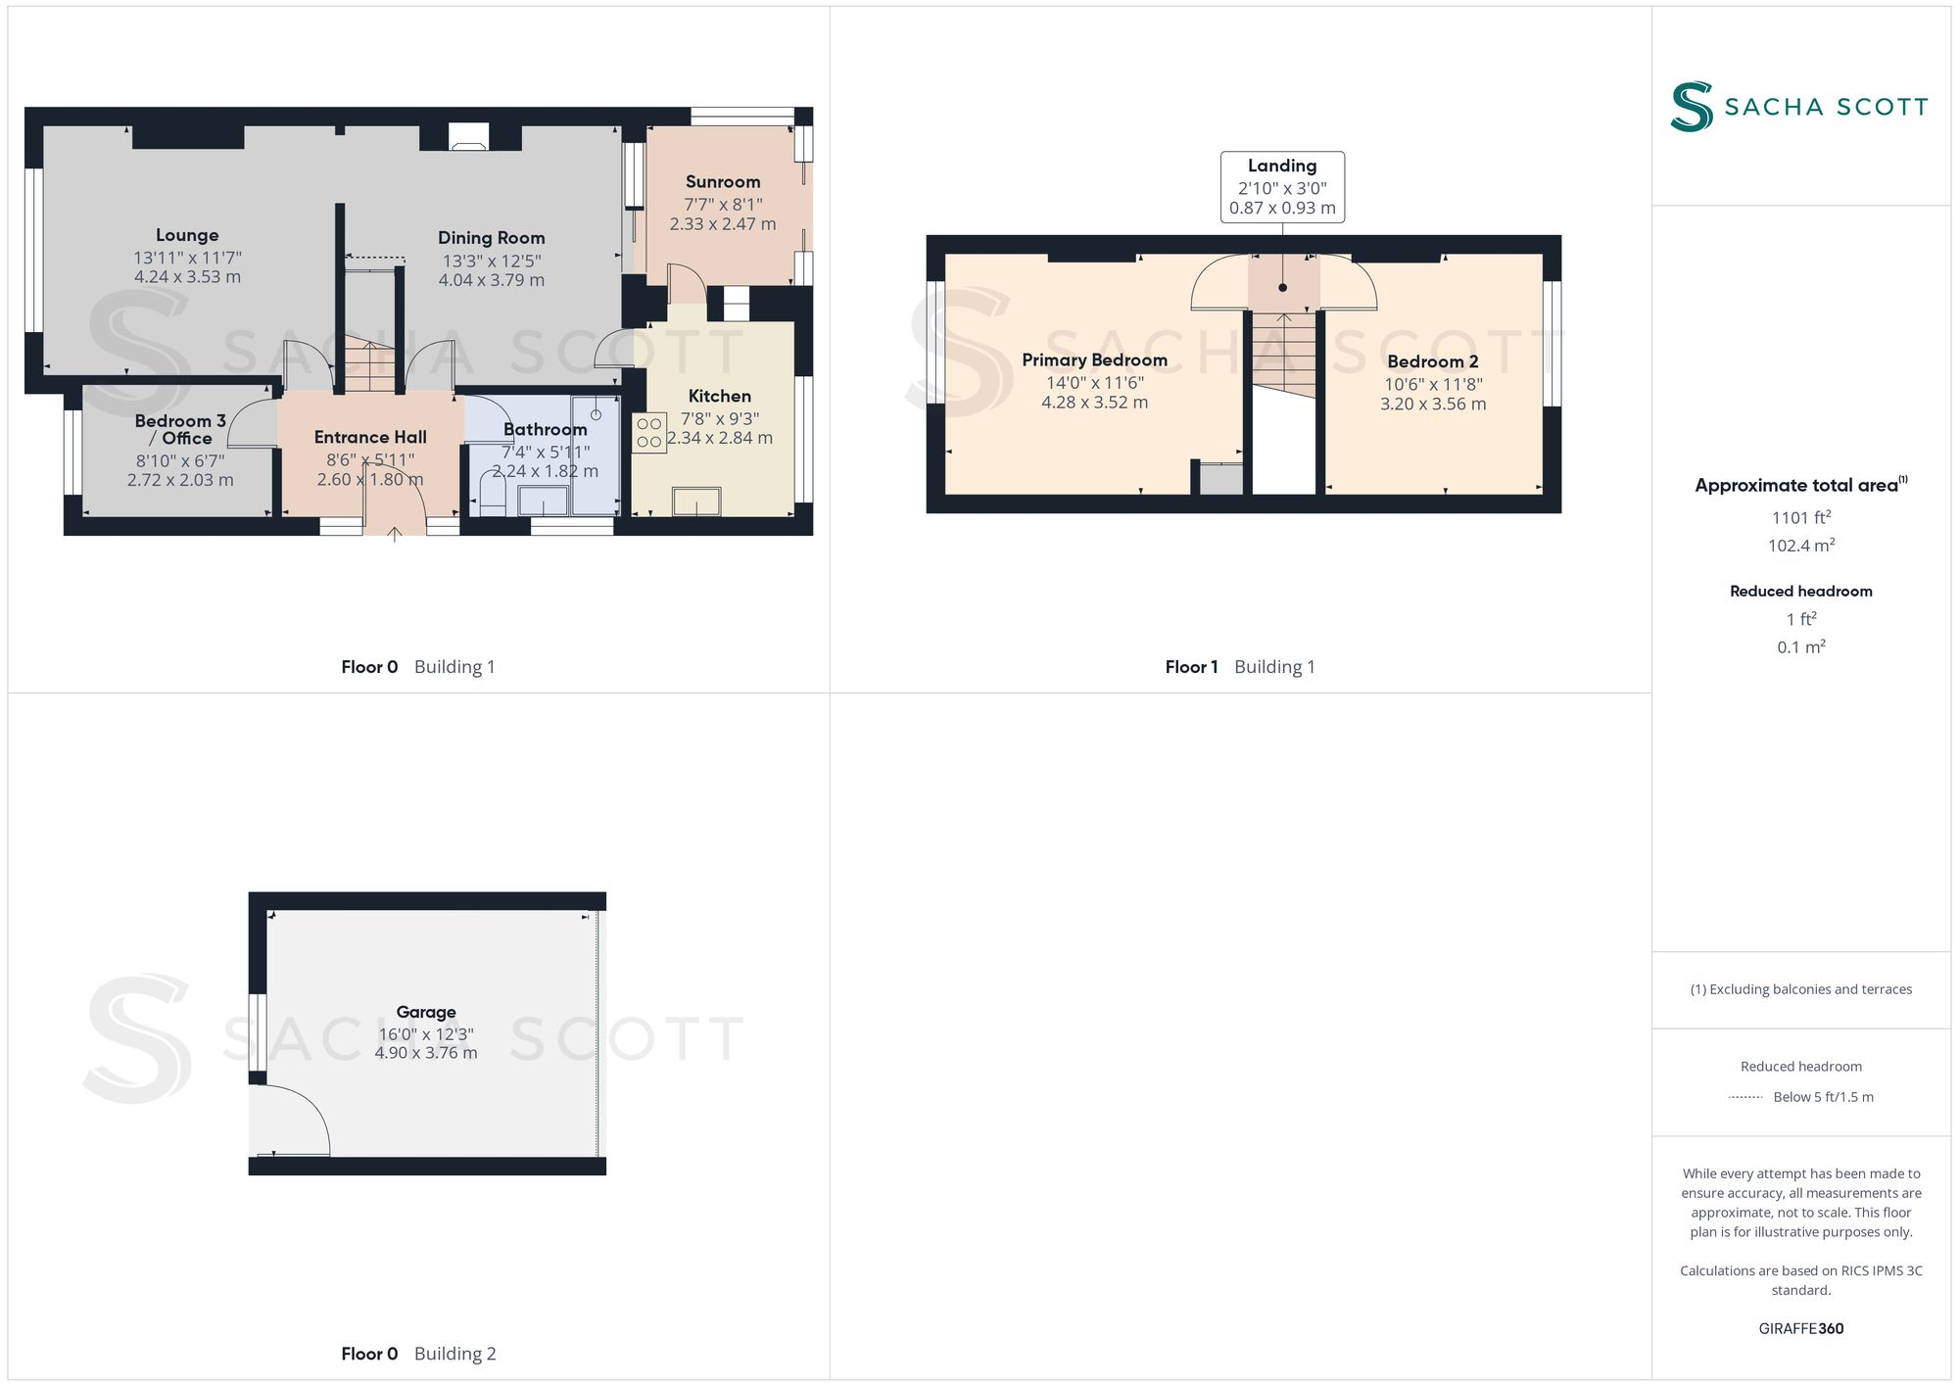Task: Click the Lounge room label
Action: coord(187,235)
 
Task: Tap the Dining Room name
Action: coord(491,238)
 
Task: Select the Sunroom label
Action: coord(723,182)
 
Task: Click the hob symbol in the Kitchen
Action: coord(649,432)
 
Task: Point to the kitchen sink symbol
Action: coord(696,502)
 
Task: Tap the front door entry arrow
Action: coord(395,534)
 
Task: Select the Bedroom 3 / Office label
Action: coord(180,429)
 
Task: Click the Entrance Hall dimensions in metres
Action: coord(370,480)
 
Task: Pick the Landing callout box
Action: coord(1282,187)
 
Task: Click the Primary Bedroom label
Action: coord(1094,360)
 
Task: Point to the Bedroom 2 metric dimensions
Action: coord(1433,405)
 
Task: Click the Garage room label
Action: coord(426,1012)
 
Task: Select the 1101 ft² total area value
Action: coord(1800,518)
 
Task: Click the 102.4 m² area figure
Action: coord(1800,546)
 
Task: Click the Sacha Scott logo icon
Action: coord(1692,107)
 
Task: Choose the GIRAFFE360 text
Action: coord(1800,1329)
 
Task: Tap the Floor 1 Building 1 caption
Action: coord(1239,667)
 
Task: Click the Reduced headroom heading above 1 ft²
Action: coord(1800,592)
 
